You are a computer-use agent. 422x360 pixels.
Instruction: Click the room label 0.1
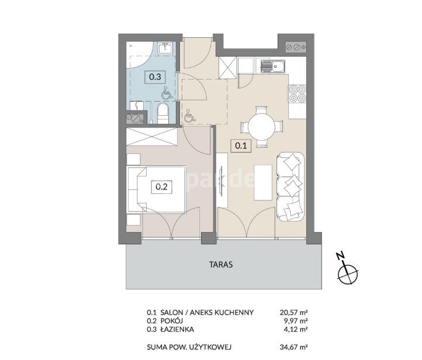tap(241, 146)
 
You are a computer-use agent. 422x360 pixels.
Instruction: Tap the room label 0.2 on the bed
tap(162, 186)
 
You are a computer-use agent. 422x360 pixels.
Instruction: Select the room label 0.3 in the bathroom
tap(155, 77)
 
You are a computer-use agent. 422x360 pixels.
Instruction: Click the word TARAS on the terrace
tap(221, 265)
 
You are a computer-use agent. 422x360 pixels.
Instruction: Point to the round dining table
tap(262, 127)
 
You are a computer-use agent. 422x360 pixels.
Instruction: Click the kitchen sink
tap(272, 66)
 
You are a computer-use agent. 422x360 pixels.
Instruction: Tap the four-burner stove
tap(297, 94)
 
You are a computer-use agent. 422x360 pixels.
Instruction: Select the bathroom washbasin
tap(166, 49)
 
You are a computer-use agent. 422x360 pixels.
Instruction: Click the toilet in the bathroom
tap(162, 113)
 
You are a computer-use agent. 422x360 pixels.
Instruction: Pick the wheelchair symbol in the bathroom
tap(167, 94)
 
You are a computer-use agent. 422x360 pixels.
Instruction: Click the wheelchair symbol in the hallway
tap(189, 116)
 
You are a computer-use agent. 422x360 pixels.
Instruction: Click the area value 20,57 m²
tap(293, 313)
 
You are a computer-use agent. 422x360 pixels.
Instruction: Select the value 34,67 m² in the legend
tap(293, 347)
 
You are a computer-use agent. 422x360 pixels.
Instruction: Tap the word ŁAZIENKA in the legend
tap(177, 329)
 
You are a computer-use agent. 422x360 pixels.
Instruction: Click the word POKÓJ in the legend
tap(171, 320)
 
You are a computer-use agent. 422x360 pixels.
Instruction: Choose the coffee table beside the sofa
tap(263, 183)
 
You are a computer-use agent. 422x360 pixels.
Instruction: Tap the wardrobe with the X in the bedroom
tap(151, 137)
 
